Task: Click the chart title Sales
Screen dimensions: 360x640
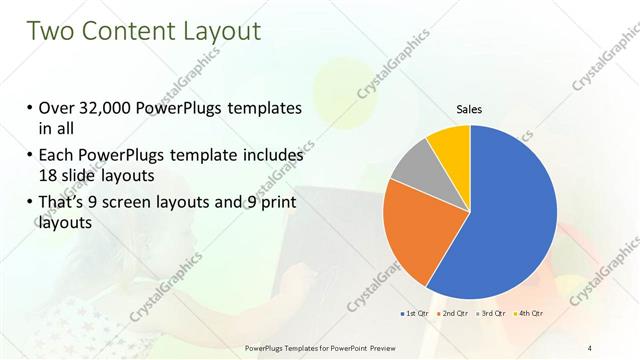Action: pyautogui.click(x=469, y=108)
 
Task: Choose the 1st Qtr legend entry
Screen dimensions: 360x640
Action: pyautogui.click(x=415, y=314)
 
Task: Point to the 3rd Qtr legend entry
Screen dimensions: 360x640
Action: pyautogui.click(x=493, y=314)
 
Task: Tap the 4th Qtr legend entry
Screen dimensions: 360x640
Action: pyautogui.click(x=529, y=314)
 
